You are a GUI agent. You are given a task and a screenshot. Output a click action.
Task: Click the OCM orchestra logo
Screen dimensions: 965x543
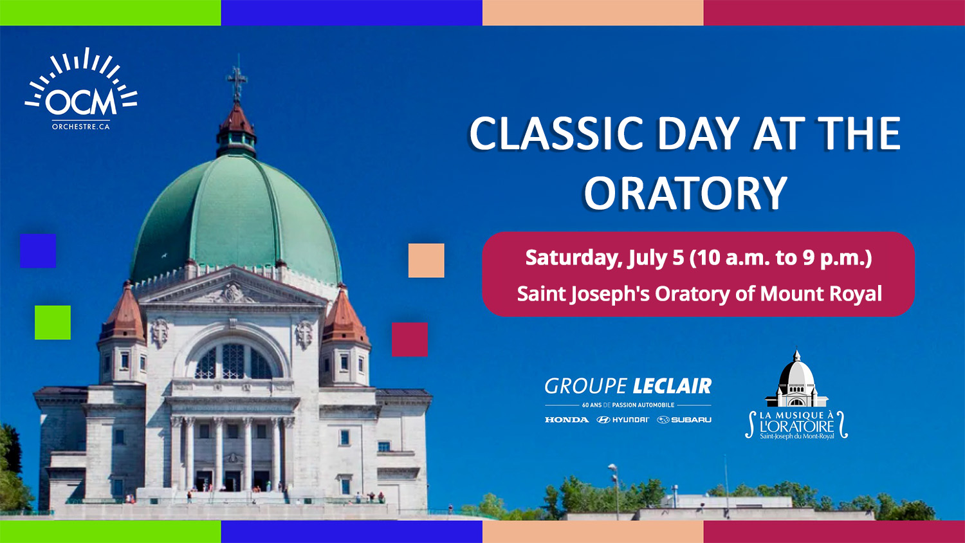81,88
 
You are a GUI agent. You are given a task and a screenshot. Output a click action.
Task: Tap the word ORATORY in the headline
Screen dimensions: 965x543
685,192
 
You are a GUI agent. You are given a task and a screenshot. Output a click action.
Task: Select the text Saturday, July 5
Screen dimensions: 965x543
605,258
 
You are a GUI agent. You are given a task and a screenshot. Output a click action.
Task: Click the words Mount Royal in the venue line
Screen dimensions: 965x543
821,294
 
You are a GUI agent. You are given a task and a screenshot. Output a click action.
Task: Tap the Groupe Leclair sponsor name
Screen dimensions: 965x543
628,386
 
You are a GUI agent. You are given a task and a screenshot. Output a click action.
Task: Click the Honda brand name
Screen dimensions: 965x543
567,419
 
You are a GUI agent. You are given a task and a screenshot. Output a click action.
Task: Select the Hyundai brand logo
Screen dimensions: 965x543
623,419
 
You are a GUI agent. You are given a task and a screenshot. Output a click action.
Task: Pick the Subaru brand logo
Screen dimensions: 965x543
684,419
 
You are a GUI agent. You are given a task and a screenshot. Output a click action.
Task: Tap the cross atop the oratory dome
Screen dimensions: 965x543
237,80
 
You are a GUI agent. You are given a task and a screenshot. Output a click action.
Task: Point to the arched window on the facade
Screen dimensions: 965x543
234,360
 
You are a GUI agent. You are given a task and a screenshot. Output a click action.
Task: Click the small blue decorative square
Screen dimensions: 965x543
38,251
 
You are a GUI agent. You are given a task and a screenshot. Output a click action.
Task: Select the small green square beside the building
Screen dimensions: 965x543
53,322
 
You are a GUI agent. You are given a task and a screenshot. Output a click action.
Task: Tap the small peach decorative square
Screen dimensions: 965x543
426,261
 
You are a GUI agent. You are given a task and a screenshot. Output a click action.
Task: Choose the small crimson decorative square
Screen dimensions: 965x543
410,340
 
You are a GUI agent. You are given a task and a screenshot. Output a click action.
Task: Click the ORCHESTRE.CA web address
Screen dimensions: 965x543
81,127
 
